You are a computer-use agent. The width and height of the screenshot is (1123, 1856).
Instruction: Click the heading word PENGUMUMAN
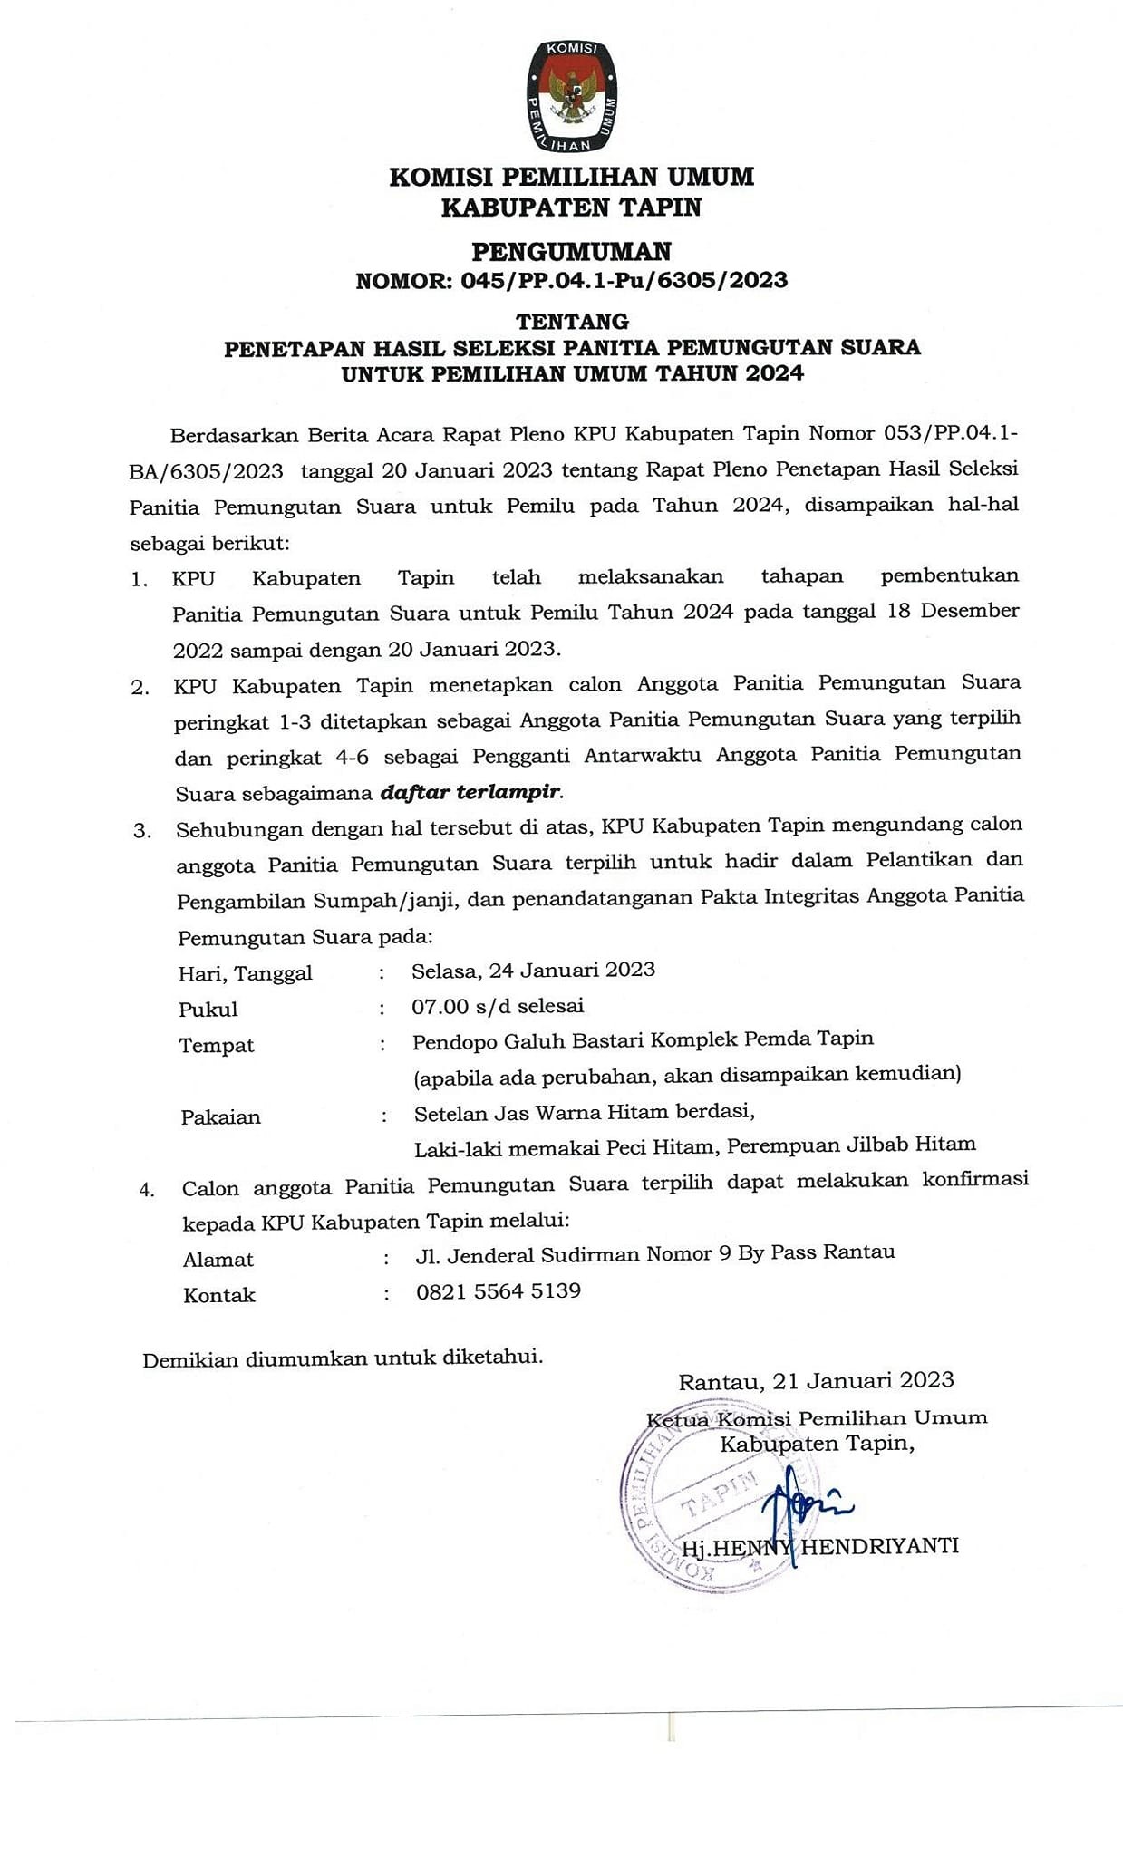[x=572, y=250]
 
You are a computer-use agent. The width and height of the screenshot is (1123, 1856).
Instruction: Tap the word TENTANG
[x=572, y=321]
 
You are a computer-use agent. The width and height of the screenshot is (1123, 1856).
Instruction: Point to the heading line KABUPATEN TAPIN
[x=571, y=208]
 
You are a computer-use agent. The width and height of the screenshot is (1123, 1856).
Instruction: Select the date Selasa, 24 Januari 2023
[x=533, y=970]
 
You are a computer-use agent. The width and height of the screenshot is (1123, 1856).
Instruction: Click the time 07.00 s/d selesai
[x=498, y=1005]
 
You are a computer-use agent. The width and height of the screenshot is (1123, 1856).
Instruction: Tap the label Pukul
[x=208, y=1009]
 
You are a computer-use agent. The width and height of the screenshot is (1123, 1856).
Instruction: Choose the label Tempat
[x=217, y=1045]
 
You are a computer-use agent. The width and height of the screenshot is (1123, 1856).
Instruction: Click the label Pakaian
[x=221, y=1116]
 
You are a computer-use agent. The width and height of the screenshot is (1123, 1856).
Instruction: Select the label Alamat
[x=218, y=1259]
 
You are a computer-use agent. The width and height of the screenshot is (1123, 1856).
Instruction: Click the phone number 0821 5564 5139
[x=499, y=1290]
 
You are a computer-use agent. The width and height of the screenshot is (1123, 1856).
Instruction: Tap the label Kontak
[x=219, y=1295]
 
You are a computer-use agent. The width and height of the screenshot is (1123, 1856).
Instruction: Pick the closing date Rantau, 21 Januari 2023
[x=816, y=1380]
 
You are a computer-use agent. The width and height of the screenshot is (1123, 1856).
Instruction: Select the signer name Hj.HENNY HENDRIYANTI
[x=820, y=1546]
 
